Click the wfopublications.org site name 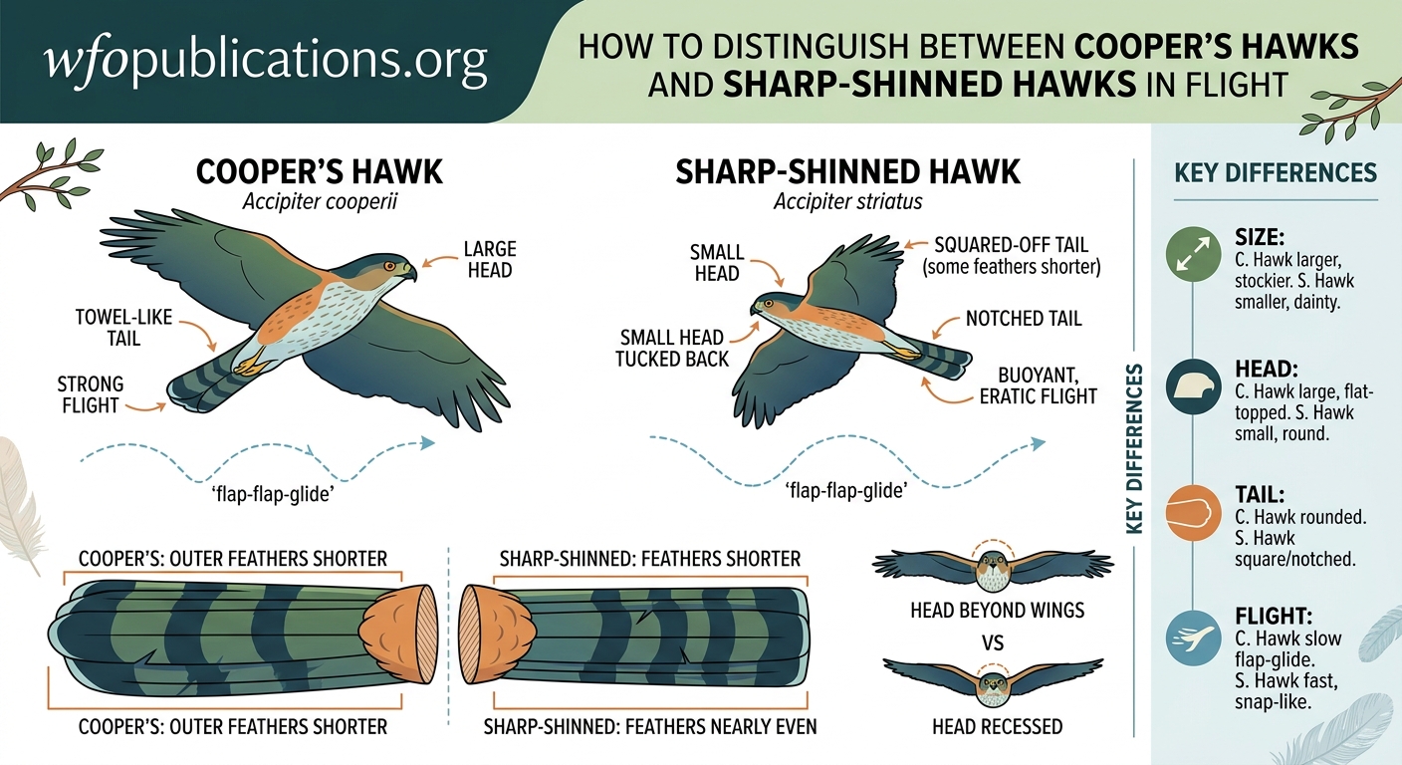point(267,62)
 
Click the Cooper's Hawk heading point(320,171)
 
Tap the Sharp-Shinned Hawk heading point(848,171)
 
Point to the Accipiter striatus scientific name point(848,202)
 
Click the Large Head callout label point(490,258)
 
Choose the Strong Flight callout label point(91,394)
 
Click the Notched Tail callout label point(1024,320)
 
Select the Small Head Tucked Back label point(673,348)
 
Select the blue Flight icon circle point(1191,638)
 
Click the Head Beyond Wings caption point(997,610)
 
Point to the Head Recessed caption point(997,727)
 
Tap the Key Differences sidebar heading point(1277,172)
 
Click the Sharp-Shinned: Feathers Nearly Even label point(650,727)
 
